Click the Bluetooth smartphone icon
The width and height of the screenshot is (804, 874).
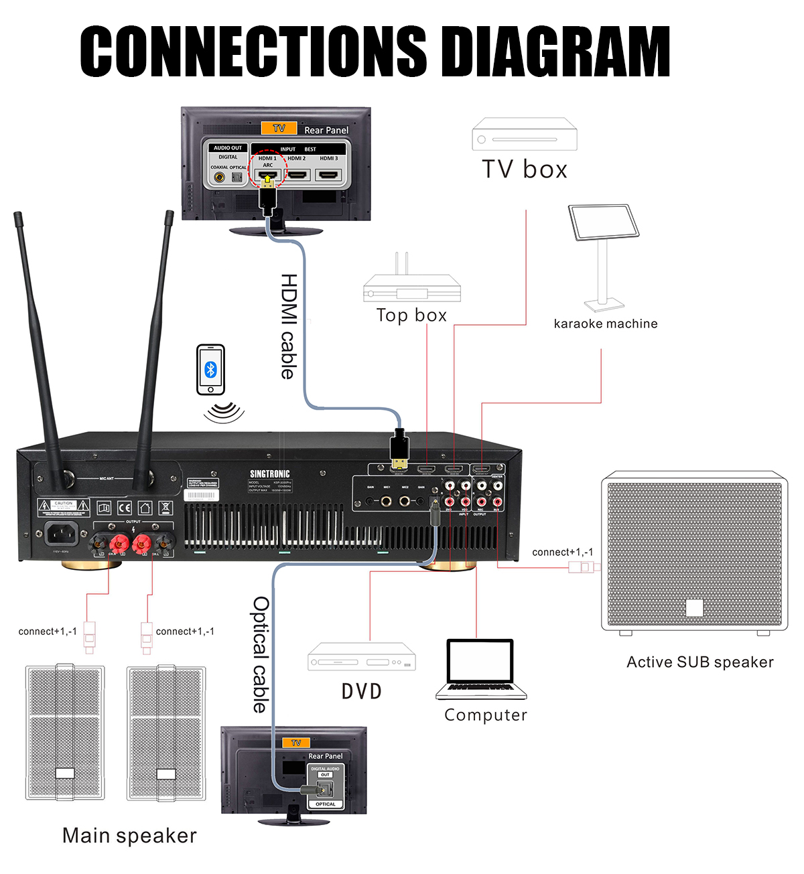(210, 370)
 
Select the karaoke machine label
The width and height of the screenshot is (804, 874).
(606, 323)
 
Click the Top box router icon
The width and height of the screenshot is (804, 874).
(411, 286)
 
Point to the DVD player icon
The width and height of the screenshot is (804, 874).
(362, 656)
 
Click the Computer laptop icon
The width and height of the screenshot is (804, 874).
(481, 669)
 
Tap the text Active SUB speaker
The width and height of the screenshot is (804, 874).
(699, 662)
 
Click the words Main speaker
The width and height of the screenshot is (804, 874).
(129, 835)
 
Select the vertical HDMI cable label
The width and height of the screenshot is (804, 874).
(288, 326)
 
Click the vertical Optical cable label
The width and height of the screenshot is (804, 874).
(260, 654)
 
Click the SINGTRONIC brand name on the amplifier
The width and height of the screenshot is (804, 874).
(270, 474)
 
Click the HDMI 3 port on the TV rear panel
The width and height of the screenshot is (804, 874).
(328, 175)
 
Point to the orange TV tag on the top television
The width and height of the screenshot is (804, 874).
(279, 128)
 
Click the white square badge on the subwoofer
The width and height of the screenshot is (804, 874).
(695, 607)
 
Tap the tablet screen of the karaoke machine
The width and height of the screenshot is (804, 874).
(604, 222)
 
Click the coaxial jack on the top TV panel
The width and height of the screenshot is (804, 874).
(220, 177)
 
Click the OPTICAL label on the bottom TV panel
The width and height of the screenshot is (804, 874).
(326, 804)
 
